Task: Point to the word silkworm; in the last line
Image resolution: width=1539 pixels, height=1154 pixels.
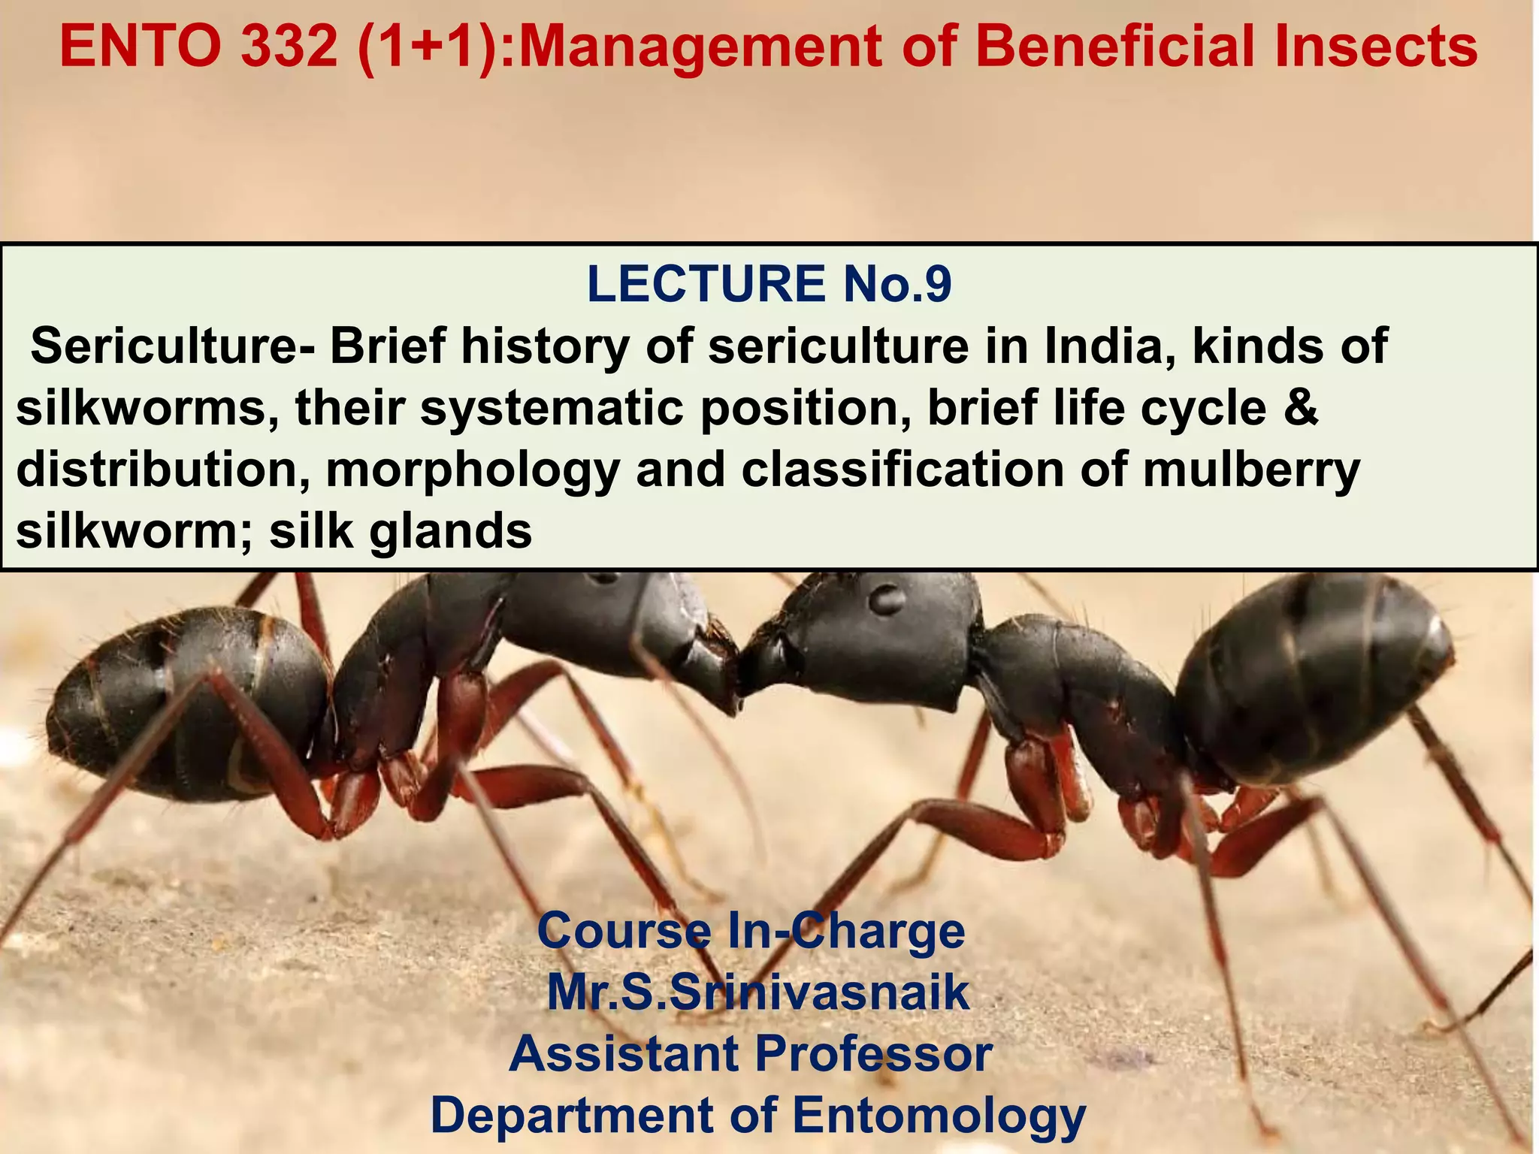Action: (x=135, y=531)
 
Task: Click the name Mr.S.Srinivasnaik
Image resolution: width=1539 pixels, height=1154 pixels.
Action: (x=757, y=992)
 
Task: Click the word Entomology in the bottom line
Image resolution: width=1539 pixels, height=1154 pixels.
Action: (x=939, y=1115)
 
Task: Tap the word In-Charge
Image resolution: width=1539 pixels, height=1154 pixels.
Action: (x=846, y=932)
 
